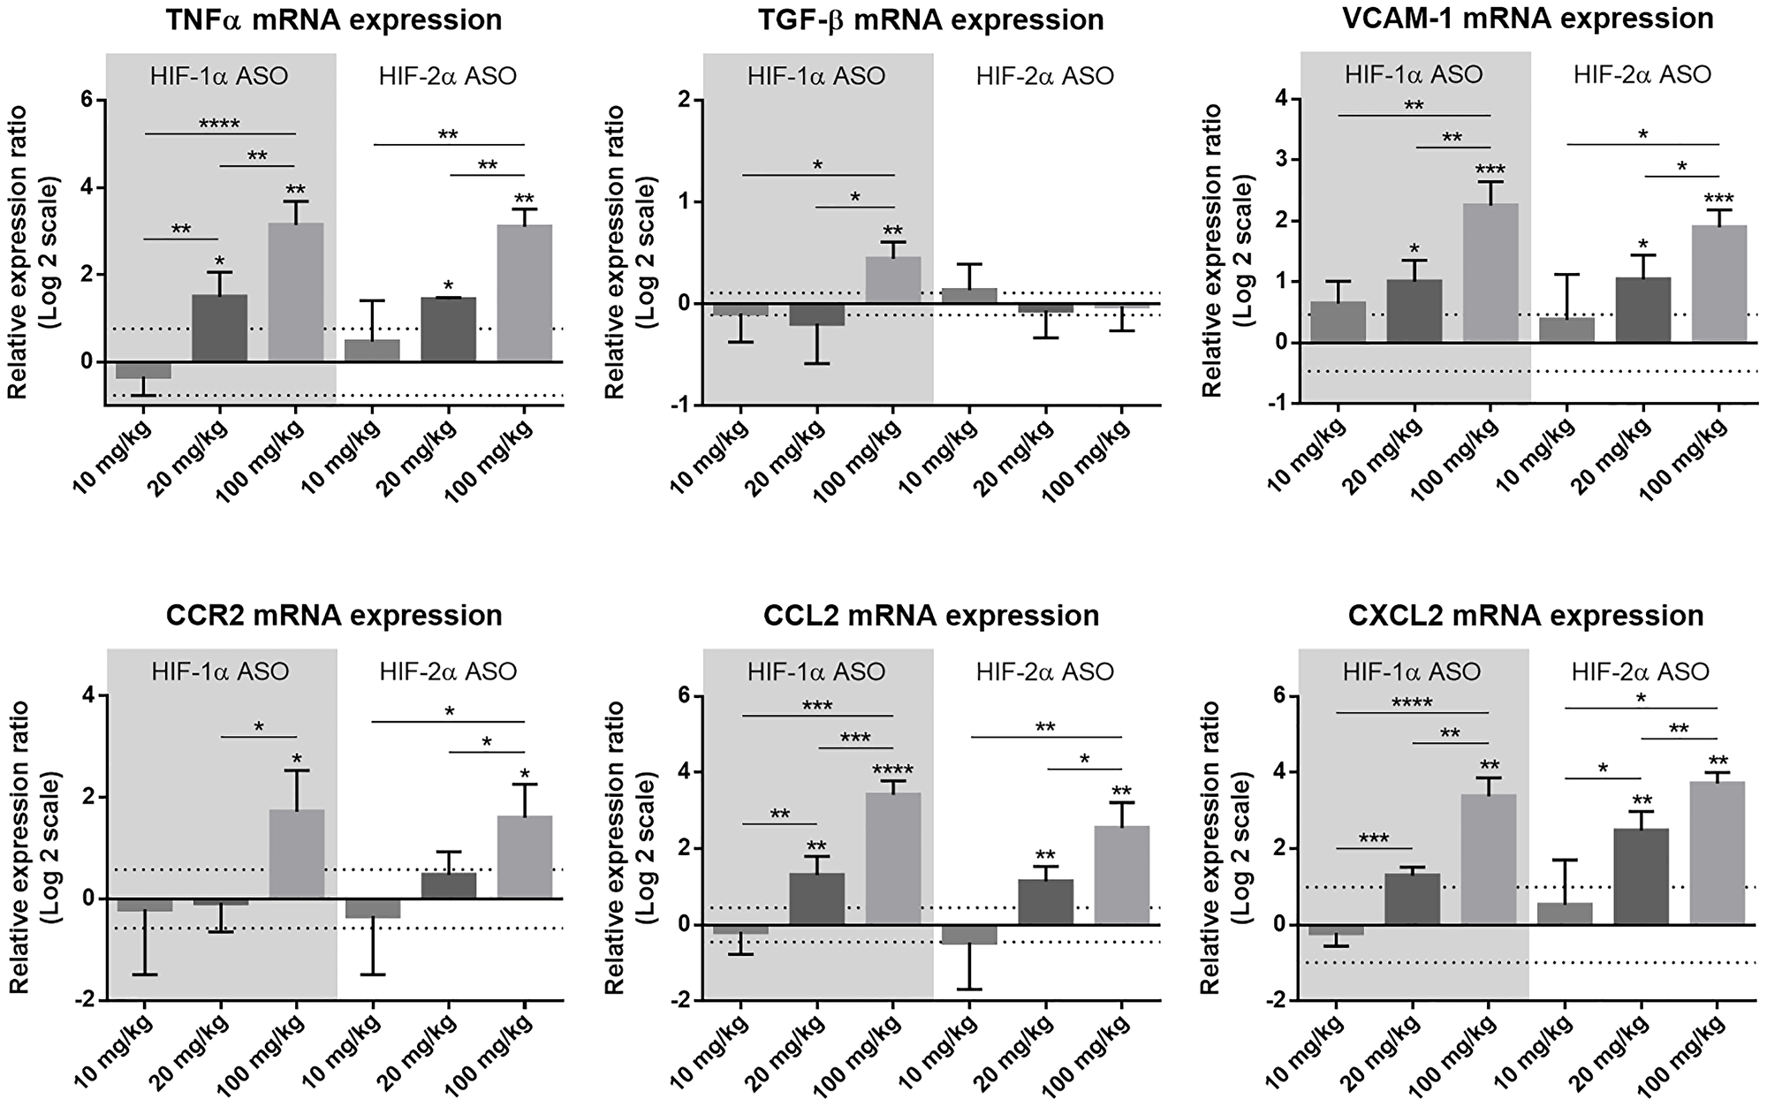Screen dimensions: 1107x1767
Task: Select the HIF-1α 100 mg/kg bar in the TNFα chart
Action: [x=296, y=292]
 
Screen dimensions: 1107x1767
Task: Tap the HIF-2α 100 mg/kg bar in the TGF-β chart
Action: [x=1122, y=306]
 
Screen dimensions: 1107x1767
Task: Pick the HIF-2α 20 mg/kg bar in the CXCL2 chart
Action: [x=1642, y=876]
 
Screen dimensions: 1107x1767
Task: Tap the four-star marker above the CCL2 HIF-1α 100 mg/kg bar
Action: [x=892, y=770]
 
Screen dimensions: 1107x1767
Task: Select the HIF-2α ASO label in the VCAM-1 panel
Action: [x=1642, y=75]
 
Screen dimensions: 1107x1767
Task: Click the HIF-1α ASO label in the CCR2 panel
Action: [x=220, y=671]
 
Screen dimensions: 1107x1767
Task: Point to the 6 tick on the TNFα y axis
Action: [x=87, y=101]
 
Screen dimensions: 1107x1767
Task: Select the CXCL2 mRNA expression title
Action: [x=1526, y=616]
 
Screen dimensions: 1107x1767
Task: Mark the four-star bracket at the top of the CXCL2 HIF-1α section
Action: [x=1411, y=704]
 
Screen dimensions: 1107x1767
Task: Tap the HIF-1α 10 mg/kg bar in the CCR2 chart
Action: [x=145, y=906]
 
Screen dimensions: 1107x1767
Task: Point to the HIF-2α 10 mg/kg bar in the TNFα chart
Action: [x=373, y=351]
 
